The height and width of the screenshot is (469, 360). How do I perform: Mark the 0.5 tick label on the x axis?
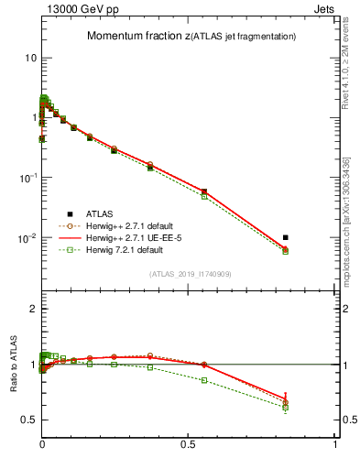click(x=189, y=444)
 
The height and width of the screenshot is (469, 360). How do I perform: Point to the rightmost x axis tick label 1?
click(x=336, y=444)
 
